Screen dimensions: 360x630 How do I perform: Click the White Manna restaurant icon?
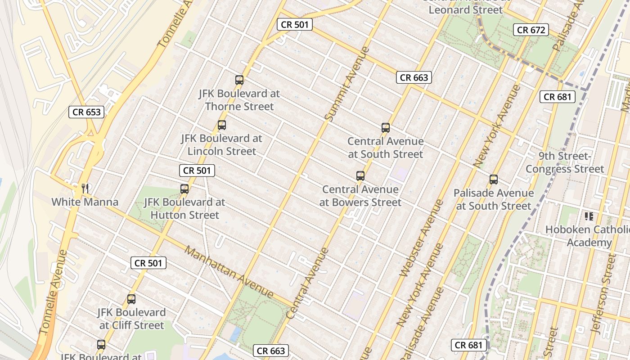click(85, 188)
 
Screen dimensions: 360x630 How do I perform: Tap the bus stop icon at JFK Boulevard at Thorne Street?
click(239, 81)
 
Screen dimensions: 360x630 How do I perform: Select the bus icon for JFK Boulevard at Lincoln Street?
click(222, 126)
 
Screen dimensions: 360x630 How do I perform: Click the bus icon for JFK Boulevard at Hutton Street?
click(184, 189)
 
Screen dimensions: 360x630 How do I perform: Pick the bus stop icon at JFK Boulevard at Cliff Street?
click(131, 299)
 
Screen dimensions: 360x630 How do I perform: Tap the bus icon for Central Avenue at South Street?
click(386, 128)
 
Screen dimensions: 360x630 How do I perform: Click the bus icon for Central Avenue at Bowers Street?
click(360, 176)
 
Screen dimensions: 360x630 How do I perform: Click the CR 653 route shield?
click(86, 112)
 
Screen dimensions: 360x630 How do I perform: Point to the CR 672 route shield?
click(531, 30)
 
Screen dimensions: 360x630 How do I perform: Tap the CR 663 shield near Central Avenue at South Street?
click(414, 77)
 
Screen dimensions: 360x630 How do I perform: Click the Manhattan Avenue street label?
click(229, 272)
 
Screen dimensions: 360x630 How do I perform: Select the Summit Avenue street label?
click(347, 84)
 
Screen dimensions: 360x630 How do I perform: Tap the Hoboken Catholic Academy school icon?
click(589, 216)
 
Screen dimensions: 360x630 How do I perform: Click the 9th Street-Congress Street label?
click(565, 162)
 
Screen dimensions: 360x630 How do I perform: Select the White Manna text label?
click(85, 202)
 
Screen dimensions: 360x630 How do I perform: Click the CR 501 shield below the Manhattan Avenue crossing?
click(148, 263)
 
